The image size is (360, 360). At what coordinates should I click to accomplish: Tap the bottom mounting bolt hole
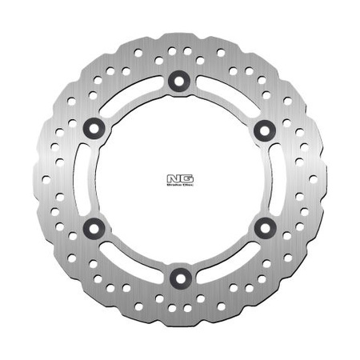point(177,277)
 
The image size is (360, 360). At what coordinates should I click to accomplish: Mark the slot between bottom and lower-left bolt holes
point(129,264)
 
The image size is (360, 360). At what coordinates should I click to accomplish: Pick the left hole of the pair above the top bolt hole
point(170,50)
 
